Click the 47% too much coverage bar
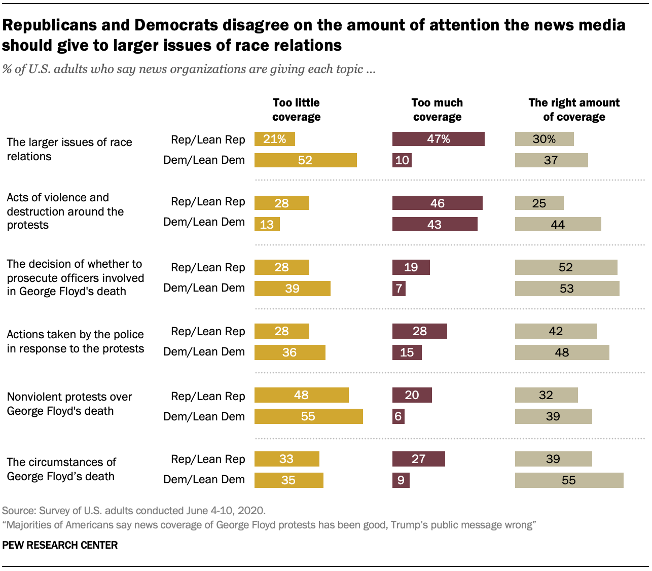coord(438,139)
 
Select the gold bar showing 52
coord(305,160)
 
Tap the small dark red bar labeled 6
coord(398,416)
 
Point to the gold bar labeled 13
coord(267,224)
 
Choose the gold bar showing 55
coord(308,416)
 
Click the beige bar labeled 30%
coord(544,139)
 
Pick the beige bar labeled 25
coord(539,203)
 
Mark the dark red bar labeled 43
coord(434,224)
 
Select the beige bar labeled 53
coord(567,289)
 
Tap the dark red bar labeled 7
coord(399,289)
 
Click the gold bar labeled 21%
coord(274,139)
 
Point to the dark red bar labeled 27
coord(418,459)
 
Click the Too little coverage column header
coord(296,110)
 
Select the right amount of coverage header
coord(574,110)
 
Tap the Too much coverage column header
coord(437,110)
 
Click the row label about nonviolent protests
coord(69,404)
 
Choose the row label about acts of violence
coord(65,211)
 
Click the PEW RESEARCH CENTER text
coord(60,545)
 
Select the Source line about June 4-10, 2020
coord(133,510)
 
